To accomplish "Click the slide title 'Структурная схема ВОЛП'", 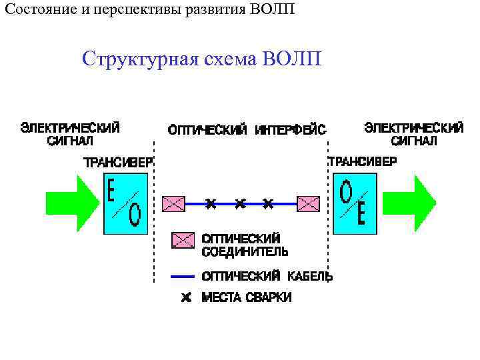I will click(x=201, y=59).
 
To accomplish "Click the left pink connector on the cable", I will click(x=173, y=203).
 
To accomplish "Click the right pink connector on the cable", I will click(x=308, y=203).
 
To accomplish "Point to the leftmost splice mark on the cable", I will click(x=211, y=203).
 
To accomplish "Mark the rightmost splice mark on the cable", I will click(x=268, y=203).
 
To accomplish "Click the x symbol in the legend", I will click(x=187, y=297).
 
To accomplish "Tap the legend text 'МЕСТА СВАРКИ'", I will click(x=247, y=297).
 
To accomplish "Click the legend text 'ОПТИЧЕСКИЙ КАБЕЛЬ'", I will click(x=267, y=275).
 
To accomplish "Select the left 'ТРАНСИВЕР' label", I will click(x=118, y=162).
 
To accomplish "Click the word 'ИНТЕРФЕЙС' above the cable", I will click(x=291, y=130).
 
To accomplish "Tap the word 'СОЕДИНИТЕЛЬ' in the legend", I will click(x=245, y=252).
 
